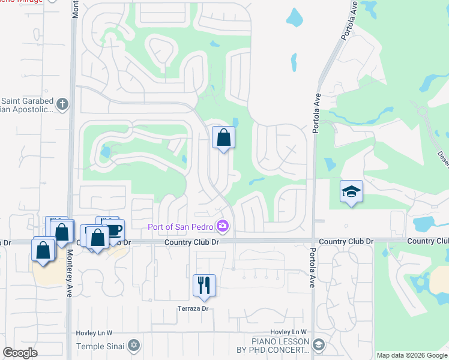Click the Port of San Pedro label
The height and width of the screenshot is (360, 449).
[182, 226]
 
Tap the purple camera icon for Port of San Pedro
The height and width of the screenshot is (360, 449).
[223, 226]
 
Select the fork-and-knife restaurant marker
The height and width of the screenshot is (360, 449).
[204, 285]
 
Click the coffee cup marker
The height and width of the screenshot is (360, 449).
[114, 230]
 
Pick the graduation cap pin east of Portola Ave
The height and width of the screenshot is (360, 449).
[351, 191]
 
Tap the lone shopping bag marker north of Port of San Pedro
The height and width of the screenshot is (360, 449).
[223, 137]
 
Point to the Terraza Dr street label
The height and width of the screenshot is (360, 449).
[192, 309]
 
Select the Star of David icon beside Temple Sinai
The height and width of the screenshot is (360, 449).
[133, 346]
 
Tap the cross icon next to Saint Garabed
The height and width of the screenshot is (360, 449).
[61, 104]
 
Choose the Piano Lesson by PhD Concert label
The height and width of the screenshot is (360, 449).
[272, 345]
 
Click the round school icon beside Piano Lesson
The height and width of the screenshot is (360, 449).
[318, 345]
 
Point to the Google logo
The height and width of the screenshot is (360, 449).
[20, 353]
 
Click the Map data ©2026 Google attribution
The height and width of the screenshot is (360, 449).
[411, 355]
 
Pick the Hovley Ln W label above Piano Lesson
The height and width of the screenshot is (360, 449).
[288, 332]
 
